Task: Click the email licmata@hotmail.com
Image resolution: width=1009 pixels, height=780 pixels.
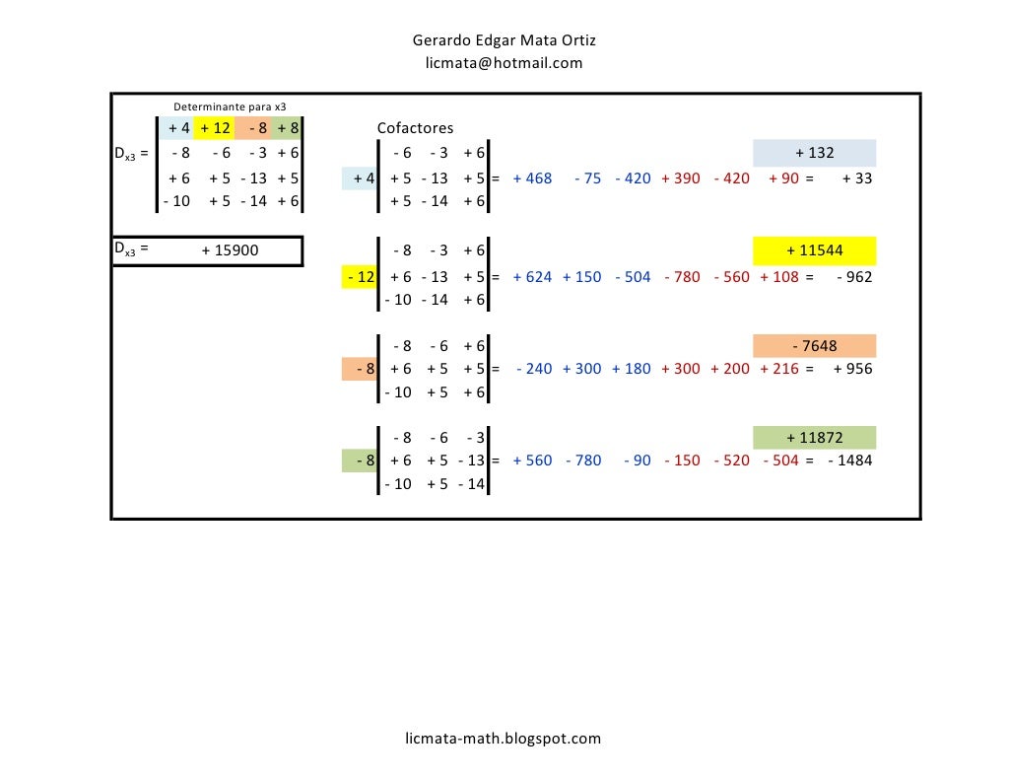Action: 504,63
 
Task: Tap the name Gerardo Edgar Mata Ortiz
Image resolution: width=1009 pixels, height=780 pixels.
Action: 504,39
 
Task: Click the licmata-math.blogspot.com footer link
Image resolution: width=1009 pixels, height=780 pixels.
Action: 504,739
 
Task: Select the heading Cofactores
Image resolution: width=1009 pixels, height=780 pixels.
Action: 415,127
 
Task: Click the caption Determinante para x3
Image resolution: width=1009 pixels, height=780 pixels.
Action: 230,106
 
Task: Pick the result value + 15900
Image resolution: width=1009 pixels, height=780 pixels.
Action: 230,249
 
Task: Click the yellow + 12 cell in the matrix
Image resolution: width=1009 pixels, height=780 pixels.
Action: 214,128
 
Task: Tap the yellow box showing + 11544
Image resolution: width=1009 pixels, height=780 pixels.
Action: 815,250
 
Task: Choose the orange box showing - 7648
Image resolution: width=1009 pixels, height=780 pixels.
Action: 815,346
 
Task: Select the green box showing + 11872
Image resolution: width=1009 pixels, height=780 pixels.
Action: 815,438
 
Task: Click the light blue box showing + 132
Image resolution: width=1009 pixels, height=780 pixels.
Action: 815,153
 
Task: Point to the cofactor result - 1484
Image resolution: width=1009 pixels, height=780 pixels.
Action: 850,460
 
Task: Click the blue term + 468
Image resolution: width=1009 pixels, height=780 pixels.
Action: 532,177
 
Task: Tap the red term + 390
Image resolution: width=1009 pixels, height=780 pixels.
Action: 681,177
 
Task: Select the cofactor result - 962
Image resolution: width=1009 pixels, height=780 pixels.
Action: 854,277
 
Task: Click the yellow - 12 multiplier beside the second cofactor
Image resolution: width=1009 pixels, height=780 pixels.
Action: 359,277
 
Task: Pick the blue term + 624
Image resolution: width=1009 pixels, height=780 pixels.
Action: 532,277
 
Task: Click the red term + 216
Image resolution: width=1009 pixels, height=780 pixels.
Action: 779,369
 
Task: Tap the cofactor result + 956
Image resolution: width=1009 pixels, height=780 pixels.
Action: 853,369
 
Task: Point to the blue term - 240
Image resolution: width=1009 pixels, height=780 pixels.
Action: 534,369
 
